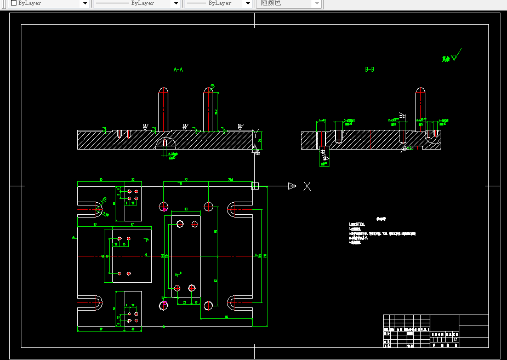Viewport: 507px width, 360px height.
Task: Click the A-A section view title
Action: pyautogui.click(x=178, y=70)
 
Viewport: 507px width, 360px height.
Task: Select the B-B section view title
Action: pyautogui.click(x=369, y=70)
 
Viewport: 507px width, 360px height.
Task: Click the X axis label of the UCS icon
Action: pyautogui.click(x=307, y=186)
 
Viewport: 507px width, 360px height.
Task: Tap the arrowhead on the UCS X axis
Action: pyautogui.click(x=292, y=186)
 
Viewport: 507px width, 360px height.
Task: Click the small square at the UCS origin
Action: pyautogui.click(x=255, y=186)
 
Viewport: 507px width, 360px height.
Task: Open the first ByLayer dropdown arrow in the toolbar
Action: pyautogui.click(x=85, y=3)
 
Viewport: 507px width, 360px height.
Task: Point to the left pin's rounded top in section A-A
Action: pyautogui.click(x=163, y=90)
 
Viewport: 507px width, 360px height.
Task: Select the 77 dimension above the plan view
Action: pyautogui.click(x=186, y=180)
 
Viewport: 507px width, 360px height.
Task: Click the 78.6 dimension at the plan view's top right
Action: pyautogui.click(x=230, y=180)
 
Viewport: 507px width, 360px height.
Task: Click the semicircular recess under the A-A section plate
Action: pyautogui.click(x=165, y=144)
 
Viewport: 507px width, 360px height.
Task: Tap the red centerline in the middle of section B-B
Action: pyautogui.click(x=371, y=139)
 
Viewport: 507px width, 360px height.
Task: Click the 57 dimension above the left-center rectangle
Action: pyautogui.click(x=132, y=224)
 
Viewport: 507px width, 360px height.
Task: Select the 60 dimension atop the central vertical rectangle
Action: pyautogui.click(x=186, y=209)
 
